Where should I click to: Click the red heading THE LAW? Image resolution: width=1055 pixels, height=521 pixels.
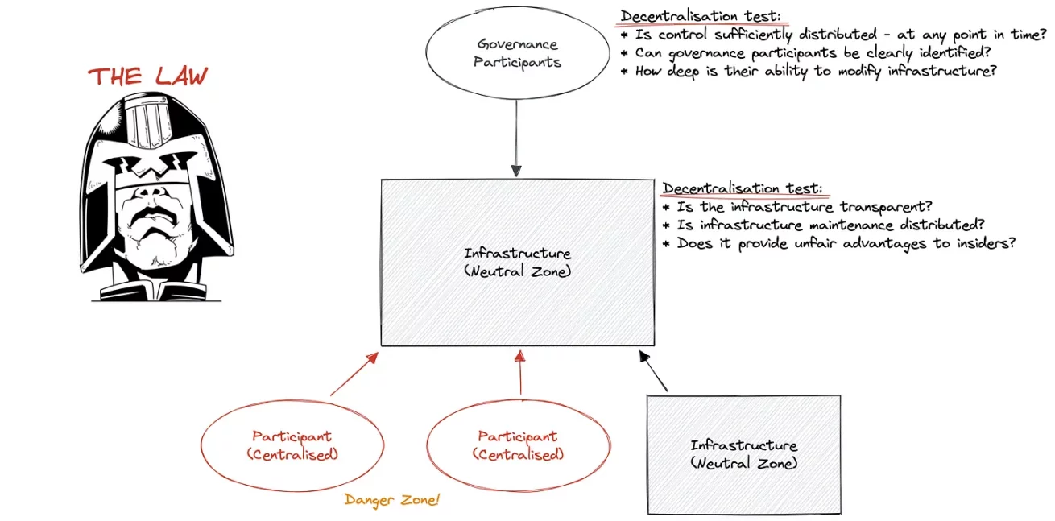(147, 76)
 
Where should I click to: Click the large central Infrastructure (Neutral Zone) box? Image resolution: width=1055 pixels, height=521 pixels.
(517, 263)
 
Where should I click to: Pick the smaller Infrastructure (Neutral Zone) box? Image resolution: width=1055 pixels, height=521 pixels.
(743, 454)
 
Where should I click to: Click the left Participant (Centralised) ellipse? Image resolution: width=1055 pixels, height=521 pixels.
(292, 445)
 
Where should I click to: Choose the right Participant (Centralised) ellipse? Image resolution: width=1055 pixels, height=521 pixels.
(517, 445)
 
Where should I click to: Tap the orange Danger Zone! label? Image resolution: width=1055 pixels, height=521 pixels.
(392, 500)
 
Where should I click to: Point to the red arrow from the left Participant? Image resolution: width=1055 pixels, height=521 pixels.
(354, 374)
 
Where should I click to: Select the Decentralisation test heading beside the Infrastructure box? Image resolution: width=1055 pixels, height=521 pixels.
(743, 188)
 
